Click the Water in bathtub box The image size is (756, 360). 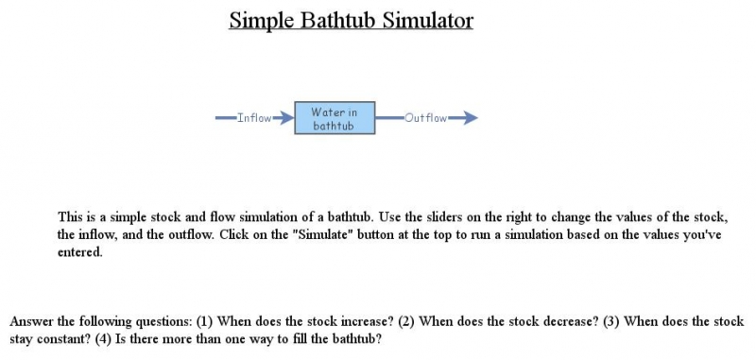335,118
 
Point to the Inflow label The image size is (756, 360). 254,118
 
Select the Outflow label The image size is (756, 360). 425,118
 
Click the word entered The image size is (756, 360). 79,252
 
